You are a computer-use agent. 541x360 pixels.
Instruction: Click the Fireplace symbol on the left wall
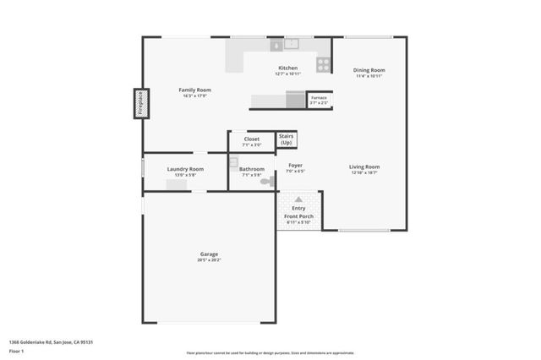tap(139, 103)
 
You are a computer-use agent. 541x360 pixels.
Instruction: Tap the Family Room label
tap(194, 90)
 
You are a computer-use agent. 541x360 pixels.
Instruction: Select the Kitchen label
tap(288, 68)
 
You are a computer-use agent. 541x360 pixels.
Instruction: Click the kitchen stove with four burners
tap(323, 63)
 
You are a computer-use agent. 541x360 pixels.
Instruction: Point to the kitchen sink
tap(292, 43)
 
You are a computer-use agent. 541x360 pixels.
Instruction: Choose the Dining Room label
tap(369, 70)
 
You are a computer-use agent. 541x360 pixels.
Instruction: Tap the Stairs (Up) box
tap(287, 139)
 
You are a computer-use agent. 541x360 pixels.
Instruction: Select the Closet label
tap(252, 139)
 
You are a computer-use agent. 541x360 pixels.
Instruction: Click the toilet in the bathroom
tap(266, 181)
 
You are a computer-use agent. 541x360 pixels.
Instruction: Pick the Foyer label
tap(295, 165)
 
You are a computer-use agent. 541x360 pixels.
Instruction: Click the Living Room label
tap(364, 166)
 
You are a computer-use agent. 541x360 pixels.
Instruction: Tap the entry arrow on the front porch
tap(299, 197)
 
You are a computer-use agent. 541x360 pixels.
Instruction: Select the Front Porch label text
tap(299, 216)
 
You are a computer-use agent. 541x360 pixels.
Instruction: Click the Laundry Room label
tap(184, 169)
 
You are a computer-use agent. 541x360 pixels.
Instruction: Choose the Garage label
tap(209, 254)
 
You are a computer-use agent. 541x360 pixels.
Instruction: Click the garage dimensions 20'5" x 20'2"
tap(209, 260)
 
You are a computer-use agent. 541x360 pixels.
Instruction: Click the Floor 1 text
tap(17, 351)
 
